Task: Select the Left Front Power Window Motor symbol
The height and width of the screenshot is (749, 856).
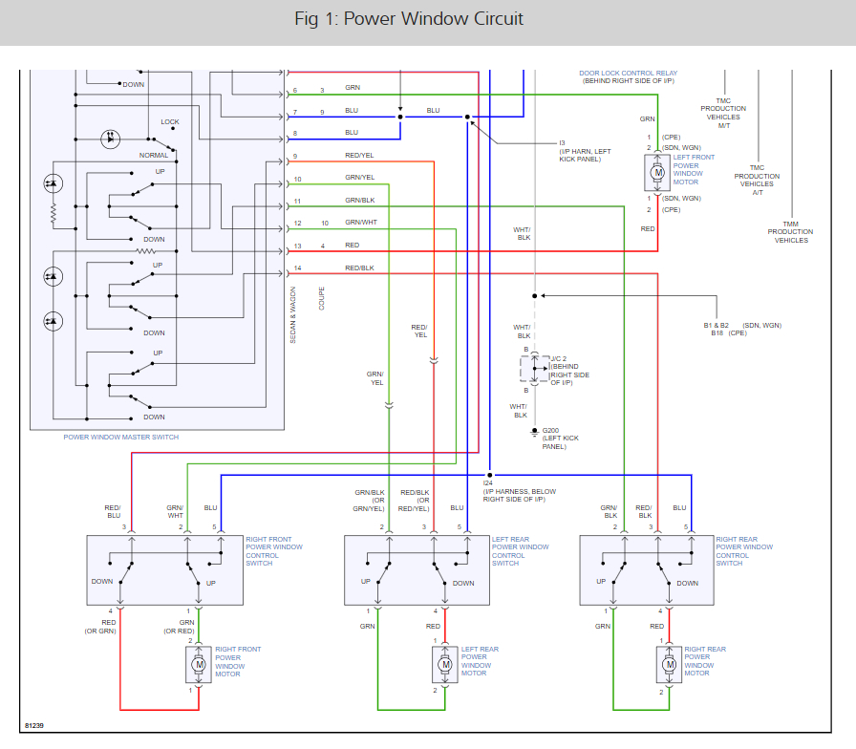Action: [x=656, y=172]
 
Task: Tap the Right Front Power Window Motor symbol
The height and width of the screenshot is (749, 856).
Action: [x=199, y=663]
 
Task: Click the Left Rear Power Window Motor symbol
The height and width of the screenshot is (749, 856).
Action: [x=444, y=663]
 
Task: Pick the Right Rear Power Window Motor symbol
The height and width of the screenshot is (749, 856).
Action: [x=669, y=663]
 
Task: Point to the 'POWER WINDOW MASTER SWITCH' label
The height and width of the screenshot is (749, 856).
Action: [x=120, y=438]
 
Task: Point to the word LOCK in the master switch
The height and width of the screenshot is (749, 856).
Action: [x=170, y=122]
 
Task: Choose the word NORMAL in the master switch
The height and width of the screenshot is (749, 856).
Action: [x=154, y=155]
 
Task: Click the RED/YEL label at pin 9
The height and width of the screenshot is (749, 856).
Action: [x=359, y=156]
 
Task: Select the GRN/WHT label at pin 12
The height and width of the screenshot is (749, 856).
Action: [x=361, y=223]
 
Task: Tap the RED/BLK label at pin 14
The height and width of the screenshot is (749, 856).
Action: [x=359, y=267]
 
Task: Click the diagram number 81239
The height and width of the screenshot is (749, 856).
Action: [x=35, y=726]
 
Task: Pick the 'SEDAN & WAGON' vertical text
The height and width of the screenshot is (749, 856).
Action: [x=293, y=314]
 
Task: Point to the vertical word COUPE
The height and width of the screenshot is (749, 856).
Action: [x=322, y=299]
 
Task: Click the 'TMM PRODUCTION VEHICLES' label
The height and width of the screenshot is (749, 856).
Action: [x=790, y=232]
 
